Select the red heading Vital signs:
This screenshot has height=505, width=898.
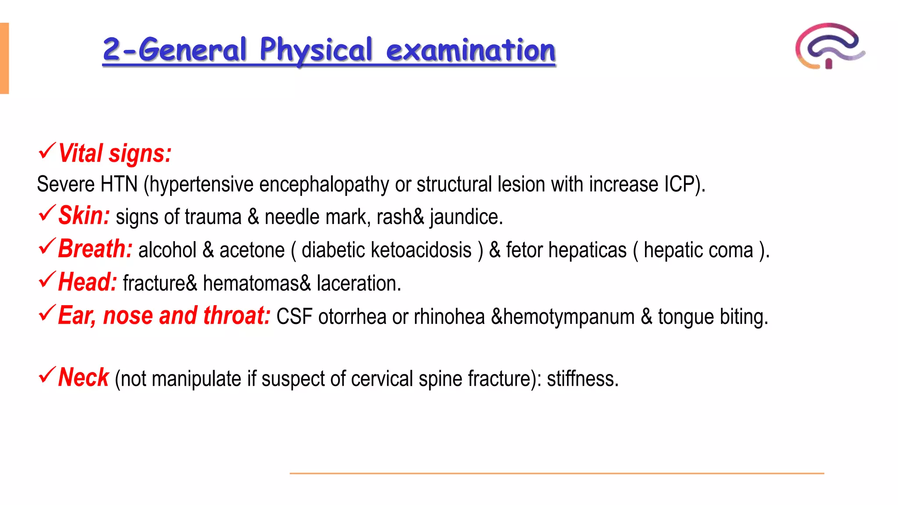(x=114, y=153)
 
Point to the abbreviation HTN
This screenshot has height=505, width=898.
(x=119, y=184)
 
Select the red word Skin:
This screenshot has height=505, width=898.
(x=84, y=216)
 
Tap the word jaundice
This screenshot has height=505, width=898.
(x=465, y=217)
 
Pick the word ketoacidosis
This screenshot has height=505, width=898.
(x=421, y=250)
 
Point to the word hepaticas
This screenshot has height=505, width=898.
(x=588, y=250)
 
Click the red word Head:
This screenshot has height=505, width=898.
(x=87, y=282)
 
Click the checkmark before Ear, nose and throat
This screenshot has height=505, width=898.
(x=47, y=313)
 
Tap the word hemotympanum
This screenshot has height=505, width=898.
(x=569, y=317)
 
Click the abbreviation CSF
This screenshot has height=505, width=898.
(x=294, y=317)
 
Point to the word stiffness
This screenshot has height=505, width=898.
(x=582, y=379)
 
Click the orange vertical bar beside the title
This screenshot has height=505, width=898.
(x=4, y=58)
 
